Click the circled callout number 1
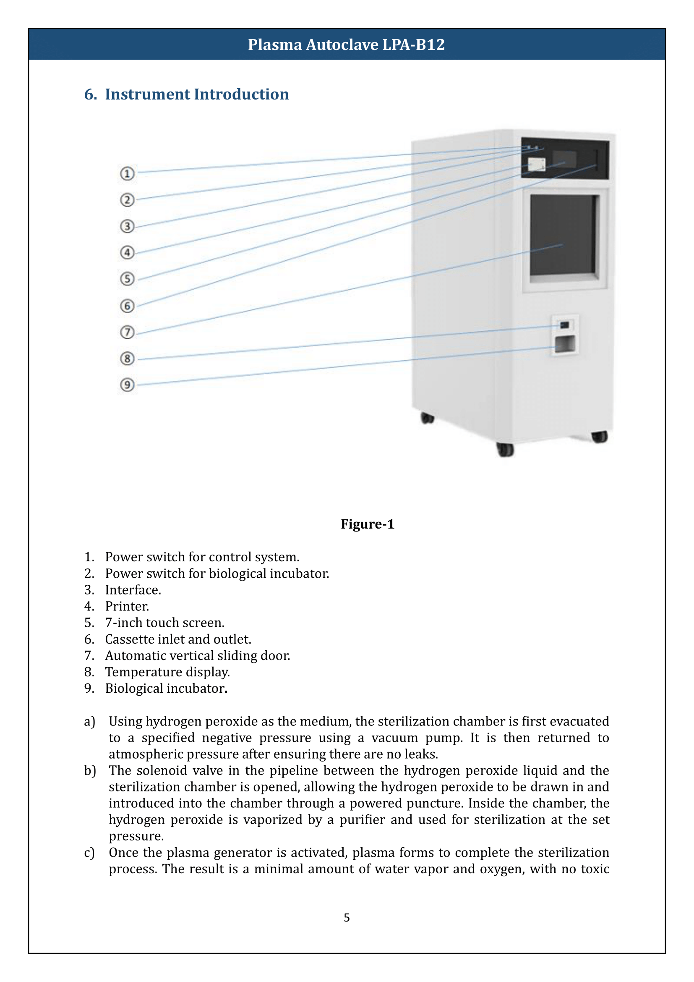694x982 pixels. tap(127, 174)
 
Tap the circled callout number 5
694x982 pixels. tap(127, 279)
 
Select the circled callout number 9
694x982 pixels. tap(127, 385)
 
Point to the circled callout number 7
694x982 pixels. tap(127, 333)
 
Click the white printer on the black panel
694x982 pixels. tap(536, 164)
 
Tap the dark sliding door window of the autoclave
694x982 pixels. tap(562, 235)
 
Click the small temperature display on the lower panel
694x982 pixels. tap(564, 325)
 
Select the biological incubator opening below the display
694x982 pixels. tap(564, 344)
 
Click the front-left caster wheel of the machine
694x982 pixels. tap(506, 450)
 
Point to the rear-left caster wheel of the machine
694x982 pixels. tap(427, 418)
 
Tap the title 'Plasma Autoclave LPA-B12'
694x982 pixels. tap(346, 45)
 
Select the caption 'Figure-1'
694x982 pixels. tap(367, 524)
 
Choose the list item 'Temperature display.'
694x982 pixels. tap(167, 672)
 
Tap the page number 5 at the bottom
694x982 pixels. tap(347, 917)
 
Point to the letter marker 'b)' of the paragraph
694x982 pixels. tap(90, 770)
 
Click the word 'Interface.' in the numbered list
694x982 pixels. tap(133, 590)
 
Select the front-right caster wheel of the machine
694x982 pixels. tap(599, 437)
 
